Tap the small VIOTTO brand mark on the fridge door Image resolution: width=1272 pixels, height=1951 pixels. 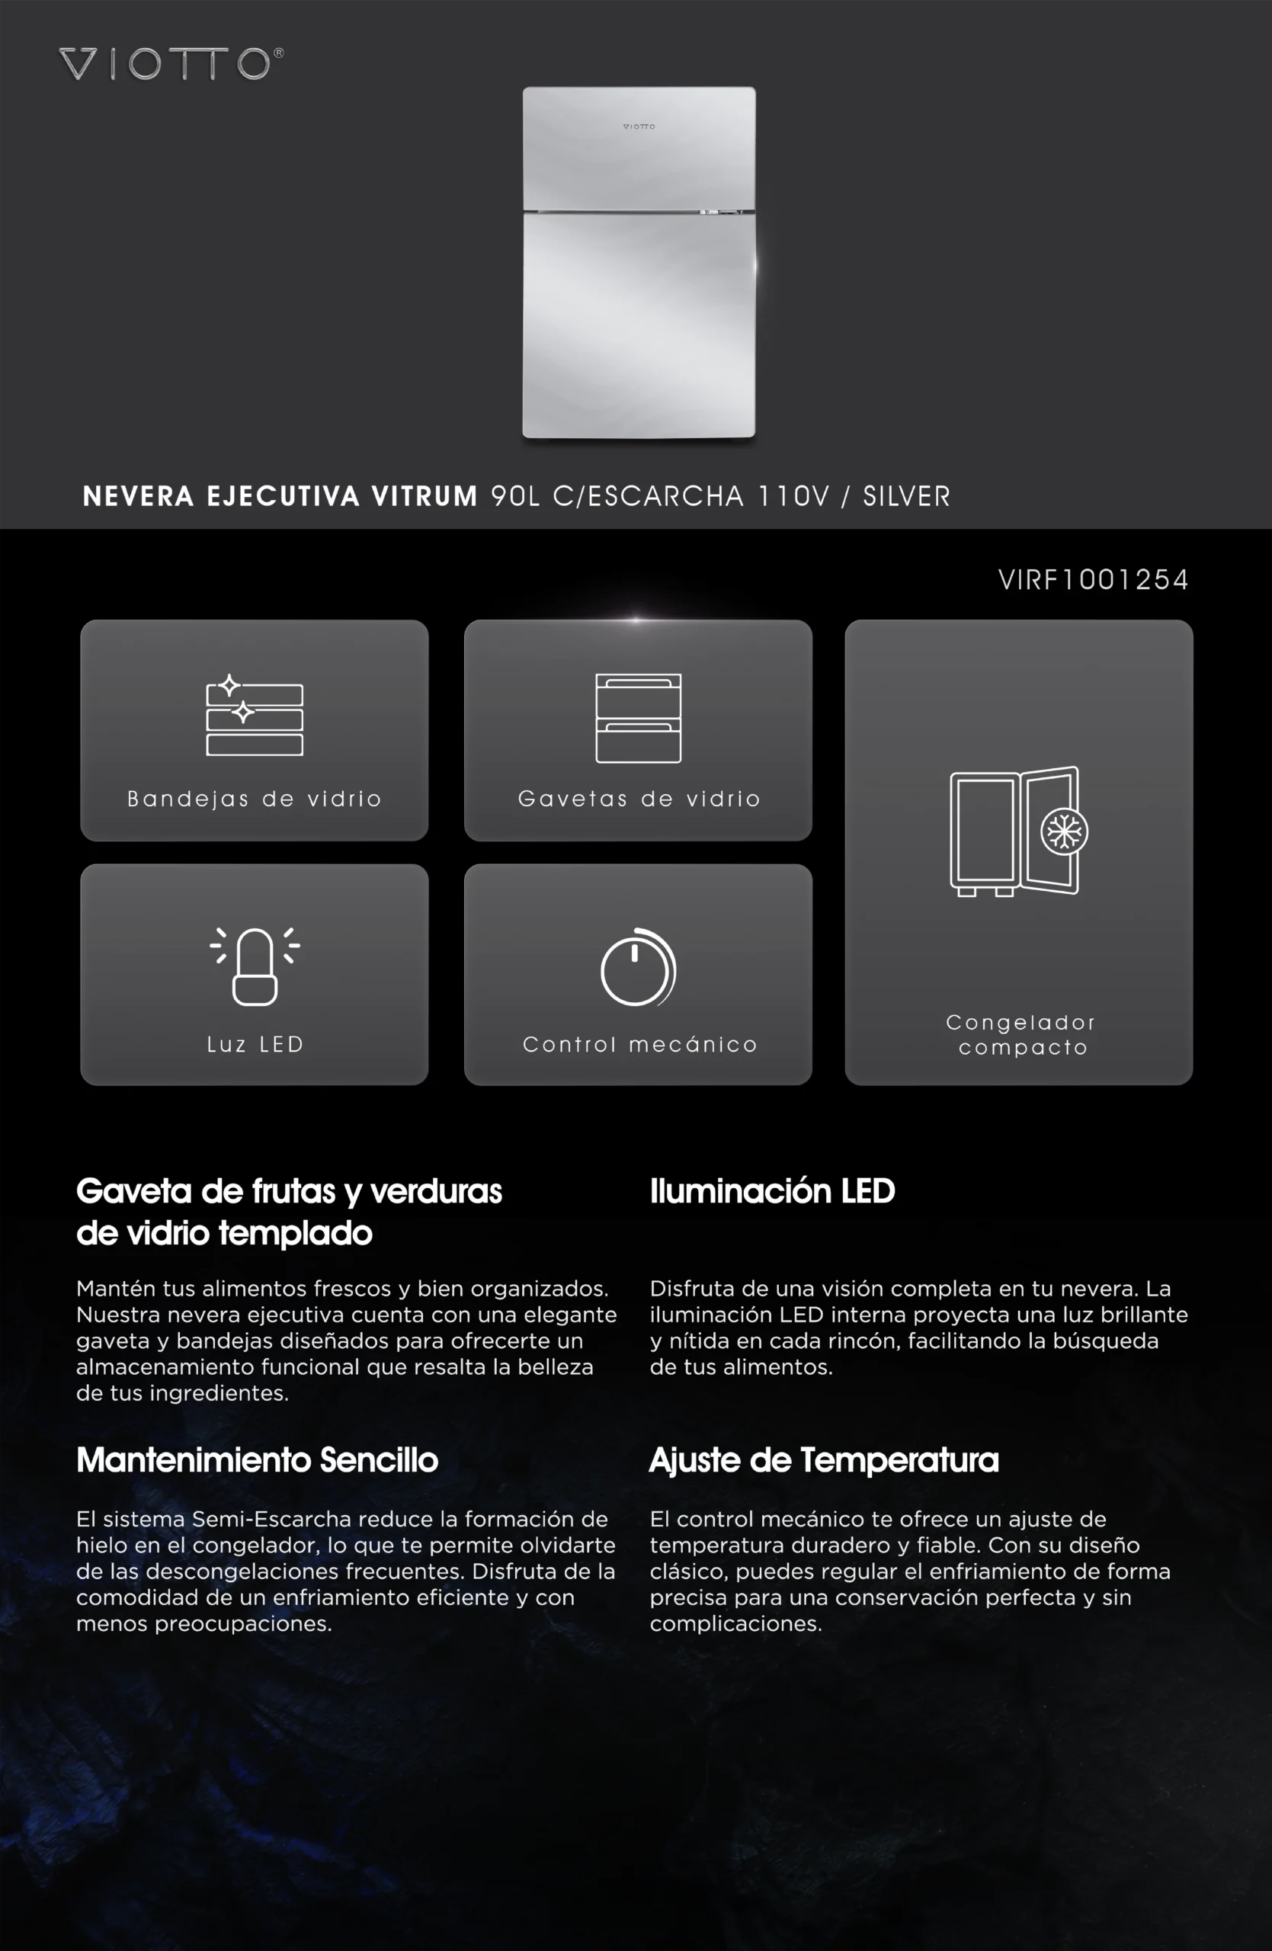639,127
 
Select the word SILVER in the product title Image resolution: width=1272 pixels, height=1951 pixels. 906,496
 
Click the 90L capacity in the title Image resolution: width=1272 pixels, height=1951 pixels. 514,496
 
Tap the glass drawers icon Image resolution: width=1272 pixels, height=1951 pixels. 639,718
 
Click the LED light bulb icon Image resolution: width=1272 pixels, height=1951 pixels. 255,966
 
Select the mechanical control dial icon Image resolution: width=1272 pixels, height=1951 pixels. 638,968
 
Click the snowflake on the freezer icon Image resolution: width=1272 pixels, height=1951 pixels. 1064,832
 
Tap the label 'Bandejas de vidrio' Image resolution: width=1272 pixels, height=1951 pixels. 254,799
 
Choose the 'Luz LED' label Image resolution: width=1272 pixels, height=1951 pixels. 255,1044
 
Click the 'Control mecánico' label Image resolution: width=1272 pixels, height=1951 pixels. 639,1044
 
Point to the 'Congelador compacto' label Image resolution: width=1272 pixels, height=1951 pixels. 1021,1034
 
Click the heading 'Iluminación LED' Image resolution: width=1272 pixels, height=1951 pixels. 772,1191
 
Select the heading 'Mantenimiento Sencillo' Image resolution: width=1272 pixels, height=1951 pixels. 258,1460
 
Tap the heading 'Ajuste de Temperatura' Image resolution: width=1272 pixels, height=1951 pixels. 824,1460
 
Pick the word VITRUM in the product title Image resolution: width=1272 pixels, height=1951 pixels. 424,496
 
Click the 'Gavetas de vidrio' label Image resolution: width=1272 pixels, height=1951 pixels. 639,799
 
